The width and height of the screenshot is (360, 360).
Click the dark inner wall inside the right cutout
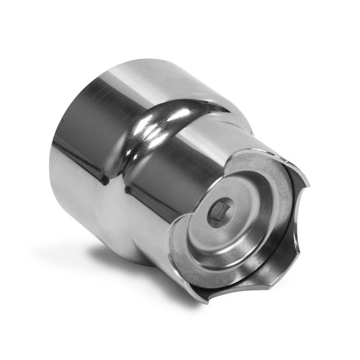288,216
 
